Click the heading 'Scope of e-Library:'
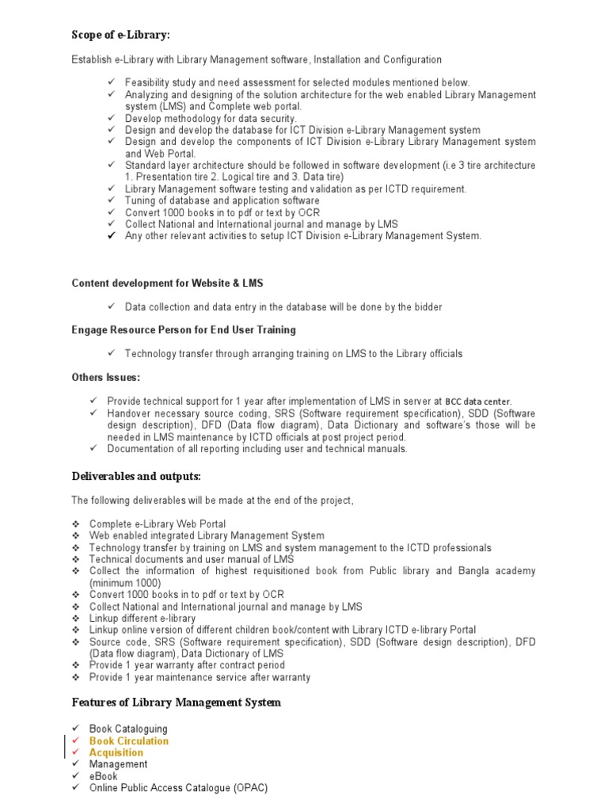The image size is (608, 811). tap(120, 35)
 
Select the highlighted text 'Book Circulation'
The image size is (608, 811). tap(128, 741)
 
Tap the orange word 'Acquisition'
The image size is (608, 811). tap(116, 753)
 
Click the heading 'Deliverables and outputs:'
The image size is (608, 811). tap(136, 476)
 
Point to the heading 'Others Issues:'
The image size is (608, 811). tap(105, 378)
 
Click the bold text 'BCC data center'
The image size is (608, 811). tap(477, 402)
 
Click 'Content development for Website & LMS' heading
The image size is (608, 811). tap(167, 283)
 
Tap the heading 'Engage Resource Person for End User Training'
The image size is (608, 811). tap(184, 329)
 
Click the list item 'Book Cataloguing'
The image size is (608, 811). tap(128, 729)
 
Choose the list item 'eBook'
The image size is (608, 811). tap(103, 777)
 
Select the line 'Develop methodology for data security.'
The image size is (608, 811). tap(211, 118)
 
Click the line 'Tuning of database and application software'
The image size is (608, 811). tap(222, 201)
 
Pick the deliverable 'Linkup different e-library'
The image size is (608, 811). tap(142, 619)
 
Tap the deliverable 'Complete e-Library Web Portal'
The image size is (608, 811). tap(157, 524)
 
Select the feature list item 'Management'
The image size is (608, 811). tap(118, 765)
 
